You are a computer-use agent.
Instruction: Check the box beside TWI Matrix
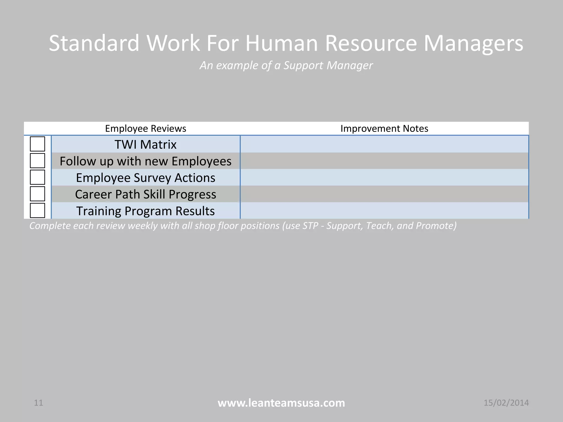tap(37, 144)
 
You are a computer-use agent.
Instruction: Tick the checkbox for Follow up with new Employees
tap(37, 161)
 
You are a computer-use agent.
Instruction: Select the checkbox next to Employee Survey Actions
tap(37, 177)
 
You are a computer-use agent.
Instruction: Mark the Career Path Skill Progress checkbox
tap(37, 194)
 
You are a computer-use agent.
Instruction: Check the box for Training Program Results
tap(37, 210)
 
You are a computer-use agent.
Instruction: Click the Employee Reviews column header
tap(145, 129)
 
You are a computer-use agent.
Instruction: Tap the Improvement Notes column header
tap(384, 129)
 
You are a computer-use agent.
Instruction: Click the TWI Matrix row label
tap(145, 145)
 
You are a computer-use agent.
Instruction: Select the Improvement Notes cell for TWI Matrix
tap(384, 144)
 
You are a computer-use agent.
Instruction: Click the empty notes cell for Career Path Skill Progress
tap(384, 194)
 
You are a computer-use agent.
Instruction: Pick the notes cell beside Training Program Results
tap(384, 211)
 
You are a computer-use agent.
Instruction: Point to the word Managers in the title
tap(473, 44)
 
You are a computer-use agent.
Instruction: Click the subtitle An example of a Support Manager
tap(286, 65)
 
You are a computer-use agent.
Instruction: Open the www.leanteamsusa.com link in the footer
tap(281, 403)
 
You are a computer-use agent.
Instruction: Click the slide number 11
tap(38, 403)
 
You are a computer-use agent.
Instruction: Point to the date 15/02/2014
tap(506, 403)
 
